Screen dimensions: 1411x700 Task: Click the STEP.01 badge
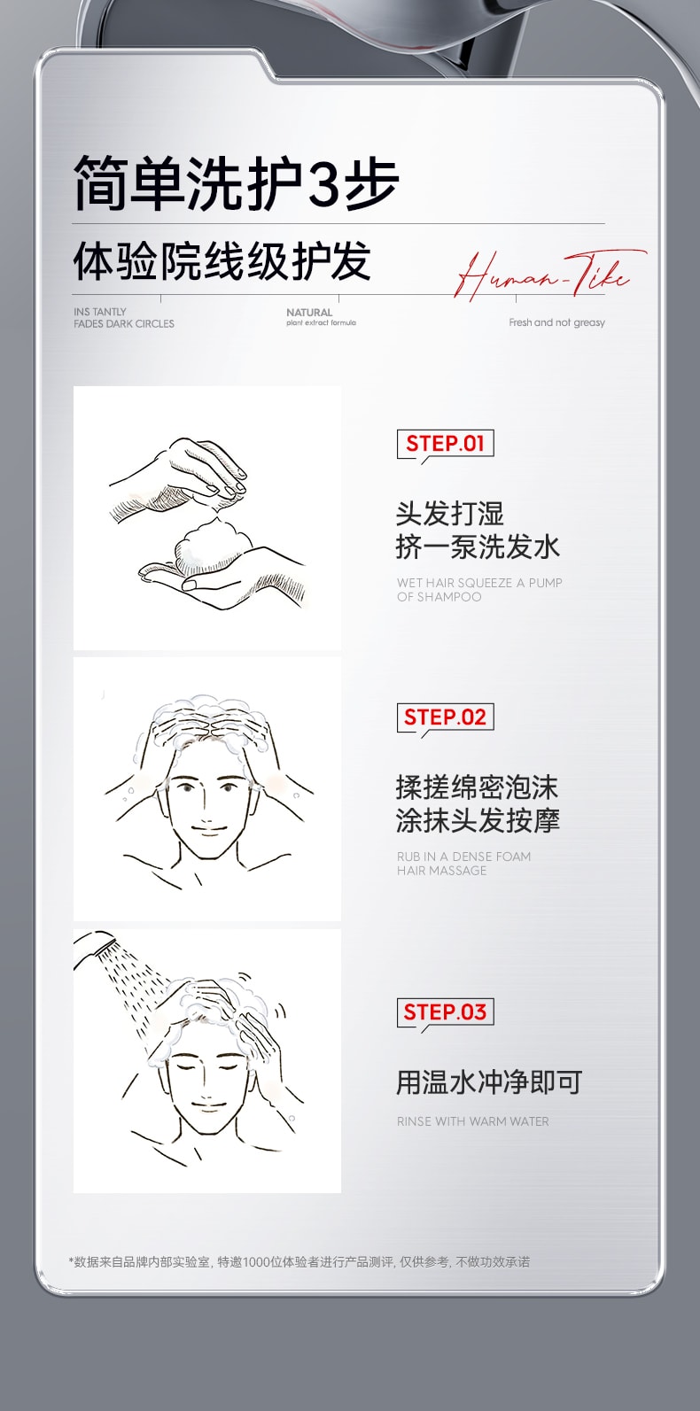point(445,444)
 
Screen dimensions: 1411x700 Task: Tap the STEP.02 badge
point(445,717)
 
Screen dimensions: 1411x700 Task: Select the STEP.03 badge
point(445,1012)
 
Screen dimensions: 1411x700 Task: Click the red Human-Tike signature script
point(542,274)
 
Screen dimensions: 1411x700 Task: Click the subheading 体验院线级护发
point(222,261)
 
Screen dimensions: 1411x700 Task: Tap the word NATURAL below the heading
point(309,313)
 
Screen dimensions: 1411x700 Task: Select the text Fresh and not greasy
point(556,322)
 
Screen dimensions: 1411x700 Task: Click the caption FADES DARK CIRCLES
point(124,324)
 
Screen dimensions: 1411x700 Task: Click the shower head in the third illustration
point(98,945)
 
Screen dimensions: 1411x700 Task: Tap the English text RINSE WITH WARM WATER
point(472,1121)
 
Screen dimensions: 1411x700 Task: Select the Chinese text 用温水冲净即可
point(488,1082)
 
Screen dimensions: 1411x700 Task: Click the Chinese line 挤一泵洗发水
point(478,547)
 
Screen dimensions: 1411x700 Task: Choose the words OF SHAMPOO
point(439,597)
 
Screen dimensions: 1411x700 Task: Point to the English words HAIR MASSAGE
point(441,871)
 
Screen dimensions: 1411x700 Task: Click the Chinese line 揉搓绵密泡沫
point(477,787)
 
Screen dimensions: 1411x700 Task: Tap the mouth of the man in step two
point(206,830)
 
